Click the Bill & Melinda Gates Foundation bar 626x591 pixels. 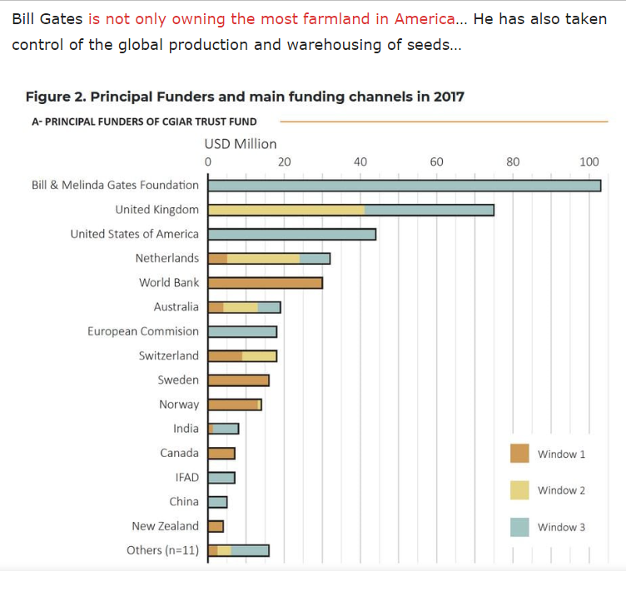point(404,185)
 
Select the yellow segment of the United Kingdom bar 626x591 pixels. point(286,210)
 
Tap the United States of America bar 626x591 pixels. point(291,234)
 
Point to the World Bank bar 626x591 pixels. point(265,283)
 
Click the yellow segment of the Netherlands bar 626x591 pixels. point(263,258)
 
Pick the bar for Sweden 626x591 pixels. point(238,380)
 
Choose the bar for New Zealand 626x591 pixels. point(216,526)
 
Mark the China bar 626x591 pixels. point(217,502)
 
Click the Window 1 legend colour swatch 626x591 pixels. point(519,454)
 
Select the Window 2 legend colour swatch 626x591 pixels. point(519,490)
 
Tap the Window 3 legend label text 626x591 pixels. point(561,527)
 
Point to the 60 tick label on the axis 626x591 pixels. point(436,161)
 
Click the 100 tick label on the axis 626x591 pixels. point(589,161)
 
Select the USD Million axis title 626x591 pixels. point(241,144)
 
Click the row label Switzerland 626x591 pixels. point(169,355)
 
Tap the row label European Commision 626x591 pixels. point(143,331)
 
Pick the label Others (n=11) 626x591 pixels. point(162,550)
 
